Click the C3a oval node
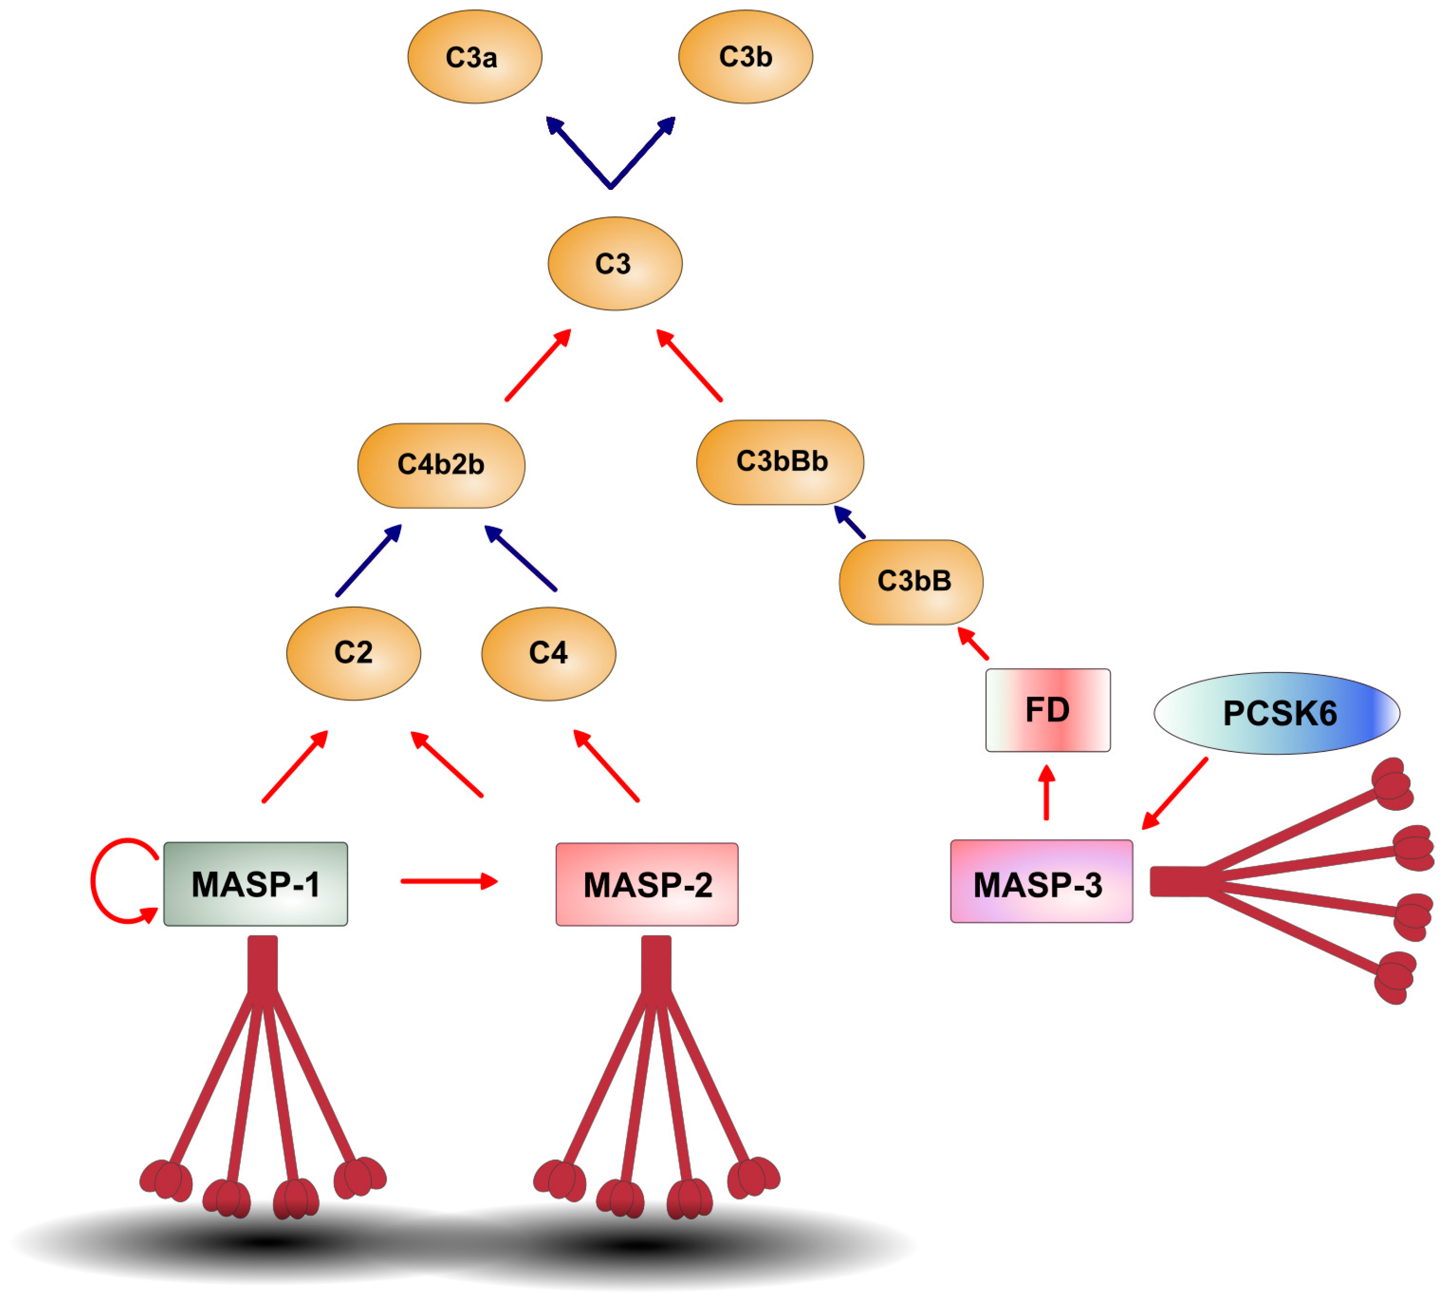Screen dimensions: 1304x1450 pyautogui.click(x=474, y=56)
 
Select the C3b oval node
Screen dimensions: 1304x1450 pyautogui.click(x=745, y=56)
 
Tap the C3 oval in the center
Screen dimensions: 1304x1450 pyautogui.click(x=615, y=264)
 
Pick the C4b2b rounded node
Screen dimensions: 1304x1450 pyautogui.click(x=441, y=465)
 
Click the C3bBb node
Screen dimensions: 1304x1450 pyautogui.click(x=780, y=462)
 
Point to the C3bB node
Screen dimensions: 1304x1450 pyautogui.click(x=910, y=582)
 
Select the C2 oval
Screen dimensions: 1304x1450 pyautogui.click(x=353, y=652)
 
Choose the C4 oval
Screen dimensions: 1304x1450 pyautogui.click(x=548, y=652)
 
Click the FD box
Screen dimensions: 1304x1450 pyautogui.click(x=1047, y=710)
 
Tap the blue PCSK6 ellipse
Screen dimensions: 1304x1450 pyautogui.click(x=1277, y=713)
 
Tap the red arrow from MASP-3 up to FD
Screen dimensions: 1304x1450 pyautogui.click(x=1047, y=793)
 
